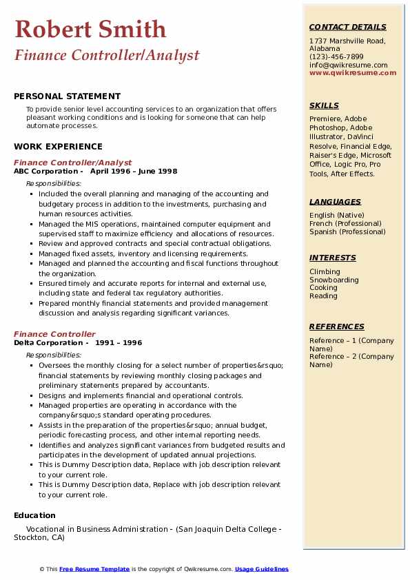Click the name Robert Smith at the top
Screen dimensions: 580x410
pos(90,29)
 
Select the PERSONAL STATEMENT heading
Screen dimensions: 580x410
pos(67,96)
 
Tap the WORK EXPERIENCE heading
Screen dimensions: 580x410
pos(58,146)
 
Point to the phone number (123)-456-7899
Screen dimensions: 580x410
pos(336,57)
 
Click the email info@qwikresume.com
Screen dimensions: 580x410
pos(348,65)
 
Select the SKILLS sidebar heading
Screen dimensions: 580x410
pos(324,105)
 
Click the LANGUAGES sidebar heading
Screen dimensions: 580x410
pos(335,202)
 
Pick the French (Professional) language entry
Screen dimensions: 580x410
pos(347,223)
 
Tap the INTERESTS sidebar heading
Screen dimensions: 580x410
pos(332,258)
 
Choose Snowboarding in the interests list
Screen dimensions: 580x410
pos(334,280)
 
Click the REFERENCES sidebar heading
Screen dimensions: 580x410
pos(336,327)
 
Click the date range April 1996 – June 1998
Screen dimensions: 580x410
pos(134,172)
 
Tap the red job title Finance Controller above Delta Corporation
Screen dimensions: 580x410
pos(54,334)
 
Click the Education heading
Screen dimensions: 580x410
pos(34,515)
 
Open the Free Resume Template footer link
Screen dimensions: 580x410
pos(94,569)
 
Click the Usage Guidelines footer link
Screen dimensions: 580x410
pos(261,569)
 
